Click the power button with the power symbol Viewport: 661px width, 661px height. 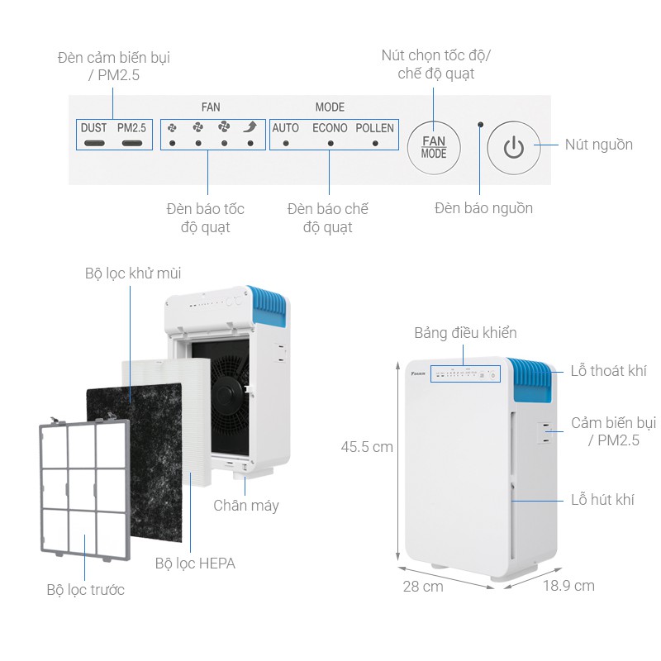[513, 148]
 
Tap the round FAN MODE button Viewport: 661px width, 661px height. [434, 148]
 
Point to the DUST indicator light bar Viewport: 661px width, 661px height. [94, 143]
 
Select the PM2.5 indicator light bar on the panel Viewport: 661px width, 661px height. [132, 143]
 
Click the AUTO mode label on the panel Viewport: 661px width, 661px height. [285, 128]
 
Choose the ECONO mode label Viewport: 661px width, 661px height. [330, 128]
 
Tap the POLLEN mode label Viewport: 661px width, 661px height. [375, 128]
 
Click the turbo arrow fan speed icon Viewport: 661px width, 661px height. [250, 127]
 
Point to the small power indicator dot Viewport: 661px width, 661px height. [480, 125]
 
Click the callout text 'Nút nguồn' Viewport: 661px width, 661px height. [598, 145]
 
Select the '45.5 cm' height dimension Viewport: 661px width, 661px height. [367, 447]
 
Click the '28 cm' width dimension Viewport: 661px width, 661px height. [423, 587]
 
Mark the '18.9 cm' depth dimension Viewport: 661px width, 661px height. [568, 586]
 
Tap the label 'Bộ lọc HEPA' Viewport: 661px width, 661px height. [195, 564]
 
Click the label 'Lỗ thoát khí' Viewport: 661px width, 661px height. [608, 370]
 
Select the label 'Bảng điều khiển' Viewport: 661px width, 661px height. [465, 333]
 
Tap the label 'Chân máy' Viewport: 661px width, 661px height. [246, 506]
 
